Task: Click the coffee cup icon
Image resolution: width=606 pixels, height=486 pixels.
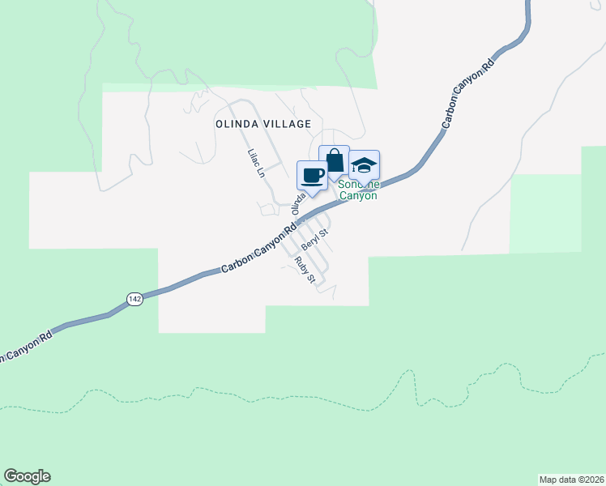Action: pos(313,174)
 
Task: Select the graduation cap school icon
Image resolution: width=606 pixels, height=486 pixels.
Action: pos(364,165)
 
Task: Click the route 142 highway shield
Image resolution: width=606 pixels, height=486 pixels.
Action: pos(135,299)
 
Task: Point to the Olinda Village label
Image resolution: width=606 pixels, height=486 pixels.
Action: pos(263,124)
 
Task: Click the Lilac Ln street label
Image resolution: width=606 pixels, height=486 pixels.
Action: pos(256,163)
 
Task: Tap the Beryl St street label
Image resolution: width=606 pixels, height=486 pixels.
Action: pos(314,238)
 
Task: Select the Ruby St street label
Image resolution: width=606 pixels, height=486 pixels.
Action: pos(305,270)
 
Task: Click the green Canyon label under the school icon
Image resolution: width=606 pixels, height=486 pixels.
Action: pos(357,195)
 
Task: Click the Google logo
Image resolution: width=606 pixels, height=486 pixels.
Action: pos(27,476)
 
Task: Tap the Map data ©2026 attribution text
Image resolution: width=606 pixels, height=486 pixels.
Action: pos(571,480)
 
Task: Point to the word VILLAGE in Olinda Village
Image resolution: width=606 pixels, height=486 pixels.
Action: pos(286,124)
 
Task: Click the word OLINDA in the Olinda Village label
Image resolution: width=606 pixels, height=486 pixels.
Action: pos(237,124)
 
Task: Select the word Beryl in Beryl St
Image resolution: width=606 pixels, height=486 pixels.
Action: pos(310,241)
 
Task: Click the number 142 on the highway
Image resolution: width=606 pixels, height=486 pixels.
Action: pos(135,299)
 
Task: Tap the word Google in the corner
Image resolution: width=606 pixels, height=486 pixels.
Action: pos(27,476)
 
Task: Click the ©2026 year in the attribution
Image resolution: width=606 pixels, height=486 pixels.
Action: pos(590,480)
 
